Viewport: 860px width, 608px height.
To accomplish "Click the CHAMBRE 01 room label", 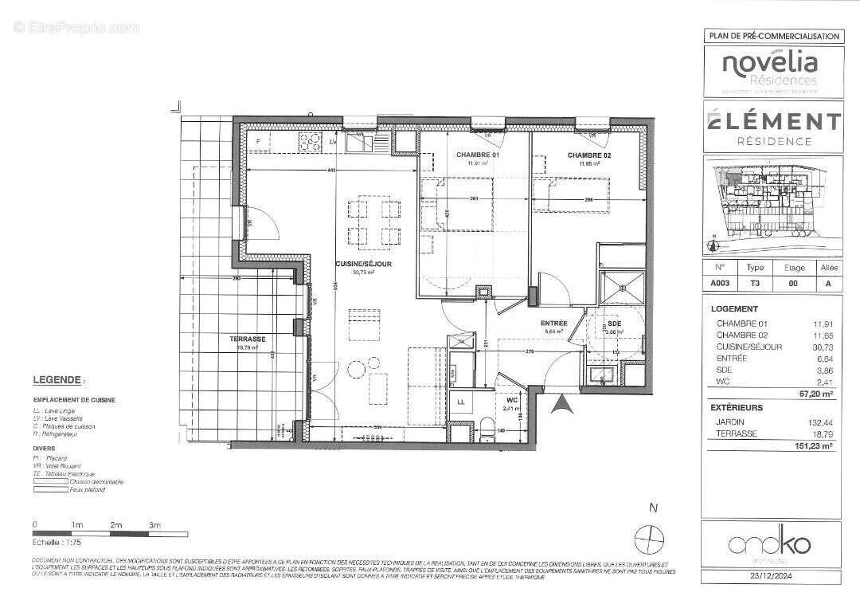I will coord(477,155).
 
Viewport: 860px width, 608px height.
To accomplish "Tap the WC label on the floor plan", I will coord(512,401).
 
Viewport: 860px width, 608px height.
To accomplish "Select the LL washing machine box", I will coord(460,402).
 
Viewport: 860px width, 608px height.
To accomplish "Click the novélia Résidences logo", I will coord(770,69).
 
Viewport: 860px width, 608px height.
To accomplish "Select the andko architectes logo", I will coord(770,545).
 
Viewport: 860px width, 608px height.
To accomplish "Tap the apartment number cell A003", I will coord(720,283).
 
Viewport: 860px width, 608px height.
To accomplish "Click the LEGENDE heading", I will coord(57,381).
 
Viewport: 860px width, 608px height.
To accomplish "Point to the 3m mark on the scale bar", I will coord(154,525).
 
